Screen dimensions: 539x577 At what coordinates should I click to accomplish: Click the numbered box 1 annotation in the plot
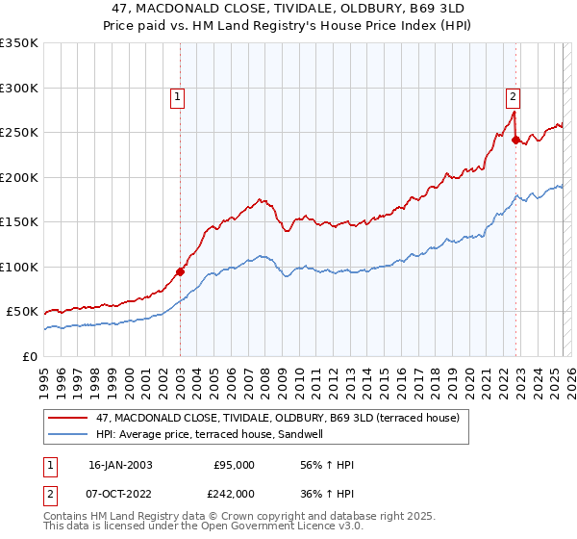coord(178,96)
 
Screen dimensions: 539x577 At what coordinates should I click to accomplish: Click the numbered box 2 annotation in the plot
coord(514,96)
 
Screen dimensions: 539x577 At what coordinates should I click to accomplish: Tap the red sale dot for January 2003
coord(180,271)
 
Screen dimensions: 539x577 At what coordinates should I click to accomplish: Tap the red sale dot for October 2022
coord(515,140)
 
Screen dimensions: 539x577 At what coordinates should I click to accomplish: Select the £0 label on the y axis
coord(28,356)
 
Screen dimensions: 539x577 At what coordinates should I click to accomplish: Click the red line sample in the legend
coord(70,418)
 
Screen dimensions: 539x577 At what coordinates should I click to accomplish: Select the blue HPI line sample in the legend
coord(70,434)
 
